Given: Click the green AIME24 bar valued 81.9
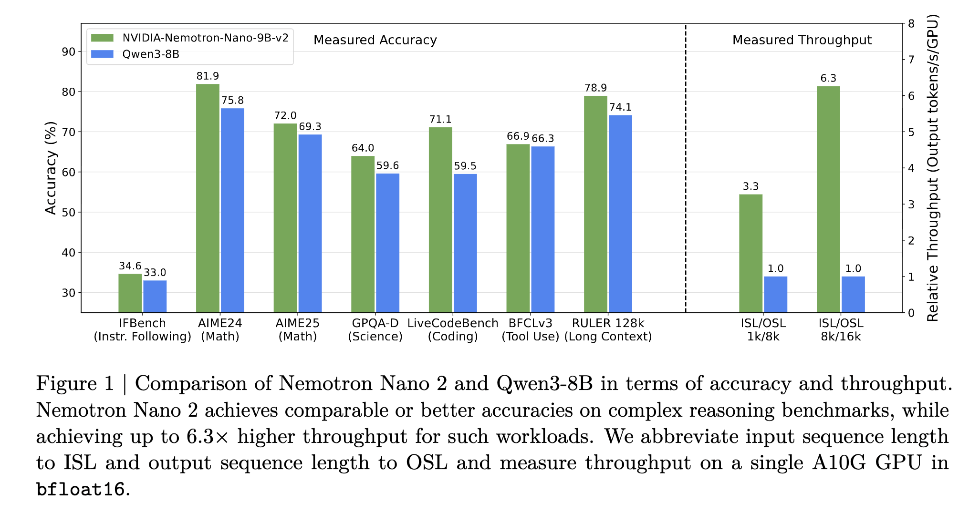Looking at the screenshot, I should (x=208, y=198).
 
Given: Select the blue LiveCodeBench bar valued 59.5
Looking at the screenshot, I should (x=465, y=243).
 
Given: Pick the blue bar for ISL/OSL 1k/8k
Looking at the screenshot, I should (x=775, y=294).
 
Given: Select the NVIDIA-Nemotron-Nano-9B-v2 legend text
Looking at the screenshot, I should (x=205, y=38).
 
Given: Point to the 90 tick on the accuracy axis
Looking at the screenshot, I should (x=69, y=51).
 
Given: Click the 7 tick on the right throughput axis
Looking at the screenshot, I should (x=911, y=60).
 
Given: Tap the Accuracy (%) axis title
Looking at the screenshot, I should (x=51, y=168).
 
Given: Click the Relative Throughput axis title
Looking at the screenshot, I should (x=932, y=168).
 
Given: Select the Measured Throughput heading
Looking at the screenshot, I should (x=802, y=40).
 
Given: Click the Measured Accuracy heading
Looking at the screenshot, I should (x=375, y=40).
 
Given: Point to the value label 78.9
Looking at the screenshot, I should (x=595, y=88).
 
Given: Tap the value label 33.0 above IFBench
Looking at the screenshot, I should (x=155, y=272).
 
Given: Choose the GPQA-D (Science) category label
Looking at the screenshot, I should (x=375, y=329).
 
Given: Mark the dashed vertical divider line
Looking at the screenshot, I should (x=686, y=167).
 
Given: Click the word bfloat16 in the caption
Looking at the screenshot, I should (x=80, y=489).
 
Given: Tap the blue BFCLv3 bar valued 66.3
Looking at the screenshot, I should (x=542, y=229).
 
